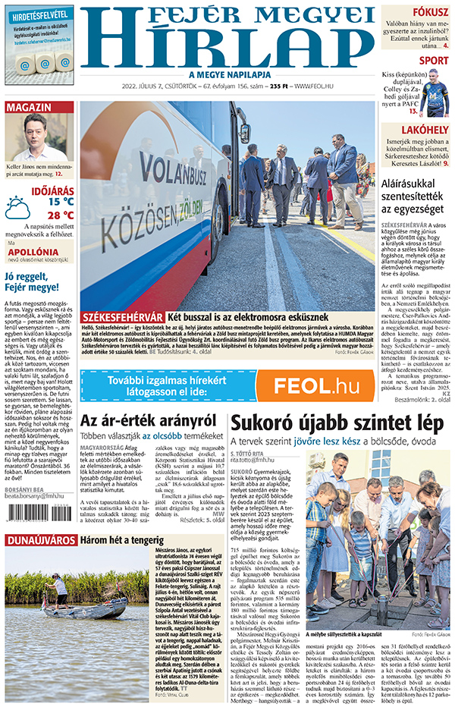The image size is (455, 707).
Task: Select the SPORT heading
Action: click(x=434, y=61)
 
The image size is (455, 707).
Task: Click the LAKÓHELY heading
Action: click(x=425, y=131)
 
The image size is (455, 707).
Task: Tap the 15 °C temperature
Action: click(x=61, y=202)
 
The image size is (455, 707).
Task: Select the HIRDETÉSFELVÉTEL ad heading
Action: click(x=38, y=14)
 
